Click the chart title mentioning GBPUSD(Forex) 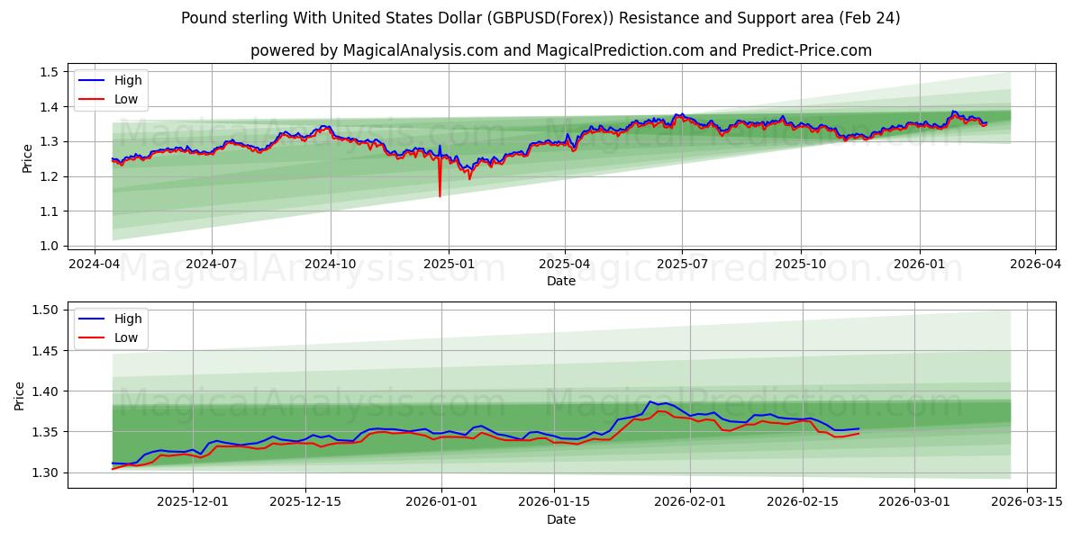540,18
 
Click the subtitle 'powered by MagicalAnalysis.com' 560,50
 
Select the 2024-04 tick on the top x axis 95,265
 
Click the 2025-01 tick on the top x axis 448,265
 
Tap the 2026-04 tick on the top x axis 1034,265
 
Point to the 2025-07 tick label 682,265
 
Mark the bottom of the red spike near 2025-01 440,196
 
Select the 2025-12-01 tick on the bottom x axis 193,501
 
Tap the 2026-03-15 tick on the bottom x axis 1027,501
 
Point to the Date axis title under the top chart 560,282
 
